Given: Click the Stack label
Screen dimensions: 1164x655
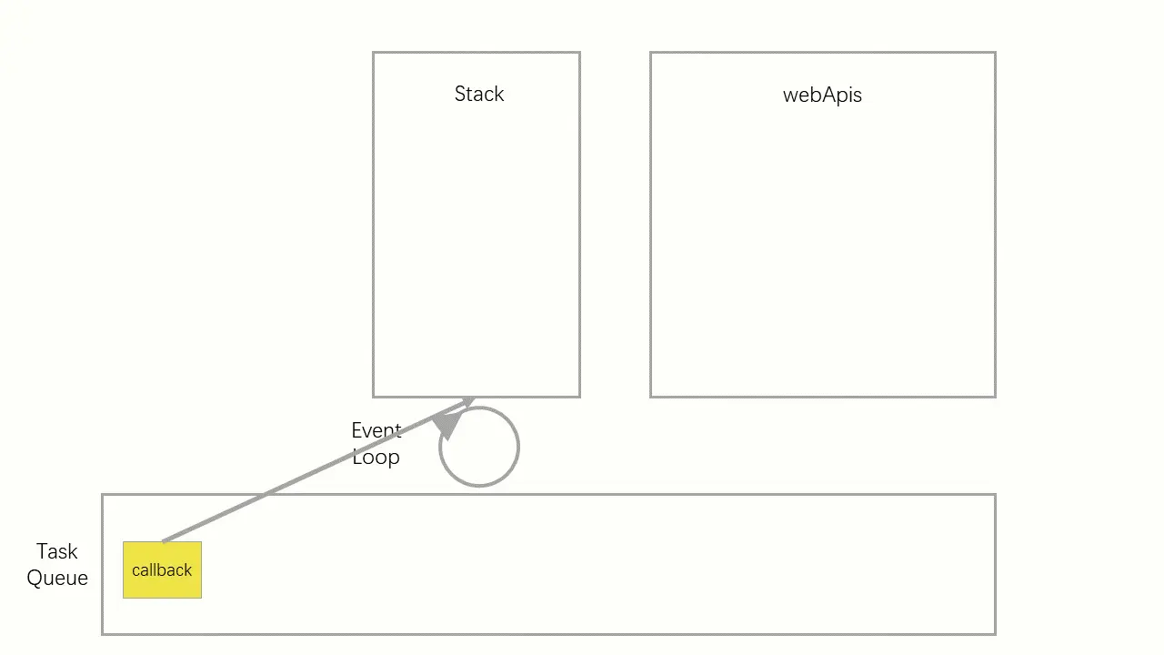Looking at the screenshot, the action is click(x=479, y=94).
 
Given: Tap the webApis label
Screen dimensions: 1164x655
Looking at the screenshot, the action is click(x=822, y=95).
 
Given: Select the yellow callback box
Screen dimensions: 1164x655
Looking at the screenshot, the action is click(x=162, y=570).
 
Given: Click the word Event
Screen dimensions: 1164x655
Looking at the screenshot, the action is click(x=376, y=430).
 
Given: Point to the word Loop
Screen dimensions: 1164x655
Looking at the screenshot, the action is click(x=376, y=457).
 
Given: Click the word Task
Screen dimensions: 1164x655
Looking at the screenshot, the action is click(x=56, y=551).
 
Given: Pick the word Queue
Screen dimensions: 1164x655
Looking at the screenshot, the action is click(x=57, y=578).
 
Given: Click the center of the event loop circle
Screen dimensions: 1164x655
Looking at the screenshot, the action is click(x=479, y=447).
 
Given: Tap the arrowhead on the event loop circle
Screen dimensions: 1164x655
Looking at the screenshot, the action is click(x=447, y=425).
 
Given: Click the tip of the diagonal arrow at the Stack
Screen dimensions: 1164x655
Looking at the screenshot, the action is click(x=474, y=398).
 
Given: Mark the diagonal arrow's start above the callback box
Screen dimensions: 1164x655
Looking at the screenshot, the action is click(x=163, y=541).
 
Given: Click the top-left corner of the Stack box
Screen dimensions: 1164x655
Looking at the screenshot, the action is click(x=374, y=53).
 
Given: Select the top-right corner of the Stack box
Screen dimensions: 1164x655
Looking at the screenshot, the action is click(x=579, y=53).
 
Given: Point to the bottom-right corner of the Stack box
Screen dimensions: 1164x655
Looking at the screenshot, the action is click(x=579, y=397).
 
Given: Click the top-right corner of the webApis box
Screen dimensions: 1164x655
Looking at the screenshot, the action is click(x=995, y=53).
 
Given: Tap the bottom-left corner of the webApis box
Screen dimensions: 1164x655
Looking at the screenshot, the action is click(x=651, y=397).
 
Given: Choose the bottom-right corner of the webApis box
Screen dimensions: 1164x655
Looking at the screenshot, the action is click(x=995, y=397).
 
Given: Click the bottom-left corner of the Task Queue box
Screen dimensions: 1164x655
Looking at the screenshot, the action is click(x=103, y=633).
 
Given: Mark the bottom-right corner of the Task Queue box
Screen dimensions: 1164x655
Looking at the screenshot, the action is click(x=995, y=633).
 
